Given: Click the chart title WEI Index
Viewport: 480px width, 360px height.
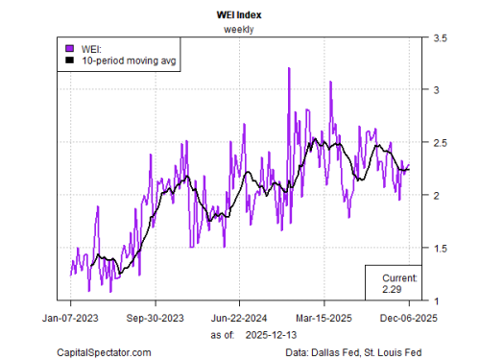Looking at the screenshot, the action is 239,15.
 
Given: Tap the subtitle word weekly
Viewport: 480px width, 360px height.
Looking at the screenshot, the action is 239,30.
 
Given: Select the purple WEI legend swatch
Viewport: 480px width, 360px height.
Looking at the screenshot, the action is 70,48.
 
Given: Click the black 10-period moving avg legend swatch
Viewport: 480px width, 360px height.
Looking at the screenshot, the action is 70,60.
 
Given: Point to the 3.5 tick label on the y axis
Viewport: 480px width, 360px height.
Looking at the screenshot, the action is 440,38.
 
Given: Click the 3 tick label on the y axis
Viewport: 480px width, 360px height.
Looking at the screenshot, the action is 436,90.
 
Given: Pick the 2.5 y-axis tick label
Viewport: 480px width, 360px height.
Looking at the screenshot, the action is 440,143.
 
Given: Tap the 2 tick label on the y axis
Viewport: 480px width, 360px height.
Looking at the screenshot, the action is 436,195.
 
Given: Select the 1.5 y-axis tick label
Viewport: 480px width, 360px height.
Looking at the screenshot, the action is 440,248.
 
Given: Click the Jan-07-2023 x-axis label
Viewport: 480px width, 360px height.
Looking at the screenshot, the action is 70,318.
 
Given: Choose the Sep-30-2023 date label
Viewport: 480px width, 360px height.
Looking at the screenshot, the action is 156,318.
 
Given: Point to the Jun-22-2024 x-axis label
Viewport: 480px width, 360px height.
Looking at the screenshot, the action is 239,318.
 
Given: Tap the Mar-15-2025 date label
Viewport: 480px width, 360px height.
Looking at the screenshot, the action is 324,318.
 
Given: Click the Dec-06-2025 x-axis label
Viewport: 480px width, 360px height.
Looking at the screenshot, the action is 409,318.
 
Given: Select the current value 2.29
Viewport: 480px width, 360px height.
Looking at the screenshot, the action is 392,289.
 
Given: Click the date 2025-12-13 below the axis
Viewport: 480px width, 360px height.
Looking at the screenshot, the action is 271,335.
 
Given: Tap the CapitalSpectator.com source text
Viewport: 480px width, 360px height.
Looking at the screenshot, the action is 104,352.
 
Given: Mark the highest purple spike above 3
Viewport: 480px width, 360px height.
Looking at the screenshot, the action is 289,68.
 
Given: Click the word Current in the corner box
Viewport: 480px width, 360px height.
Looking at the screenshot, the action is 399,277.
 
